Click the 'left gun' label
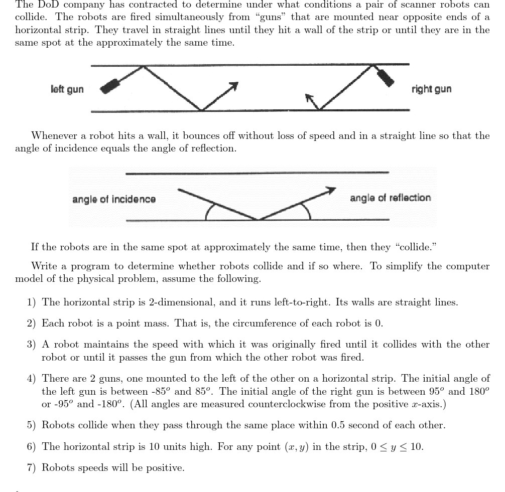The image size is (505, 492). point(67,89)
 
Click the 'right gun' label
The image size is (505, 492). point(431,89)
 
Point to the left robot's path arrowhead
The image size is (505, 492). point(233,85)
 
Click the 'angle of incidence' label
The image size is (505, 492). point(114,199)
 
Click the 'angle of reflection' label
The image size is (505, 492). point(390,198)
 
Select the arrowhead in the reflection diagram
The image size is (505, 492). point(330,190)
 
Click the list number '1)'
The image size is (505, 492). point(32,302)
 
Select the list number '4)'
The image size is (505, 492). point(32,379)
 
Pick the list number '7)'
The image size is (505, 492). point(32,468)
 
